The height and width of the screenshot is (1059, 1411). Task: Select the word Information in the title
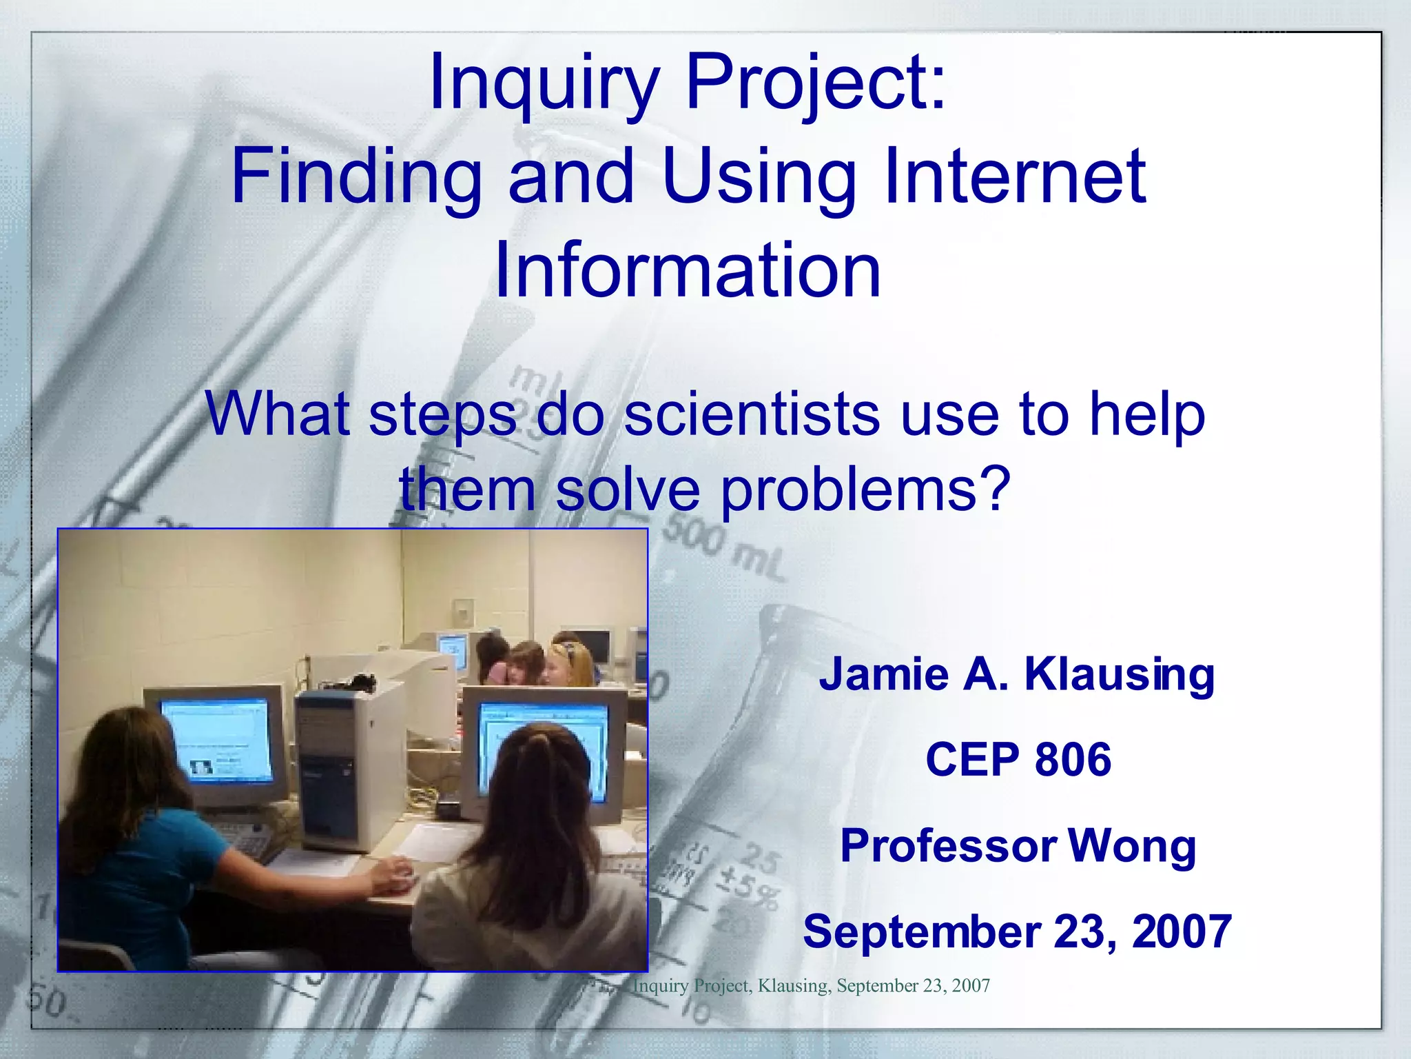click(688, 270)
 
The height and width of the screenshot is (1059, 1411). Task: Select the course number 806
click(1073, 760)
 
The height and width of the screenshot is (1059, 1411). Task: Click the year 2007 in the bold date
click(1182, 931)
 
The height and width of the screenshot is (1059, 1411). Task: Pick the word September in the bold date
click(922, 931)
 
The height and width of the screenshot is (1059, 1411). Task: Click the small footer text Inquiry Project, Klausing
click(730, 986)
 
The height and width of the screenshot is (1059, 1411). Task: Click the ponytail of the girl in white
click(544, 779)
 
